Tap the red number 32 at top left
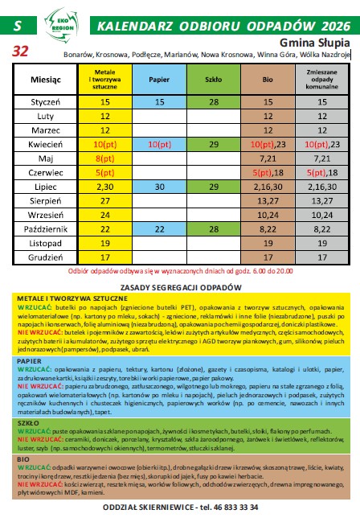18,50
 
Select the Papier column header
158,81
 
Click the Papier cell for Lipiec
158,186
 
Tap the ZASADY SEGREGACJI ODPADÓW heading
180,287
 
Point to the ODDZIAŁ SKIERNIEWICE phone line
180,508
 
